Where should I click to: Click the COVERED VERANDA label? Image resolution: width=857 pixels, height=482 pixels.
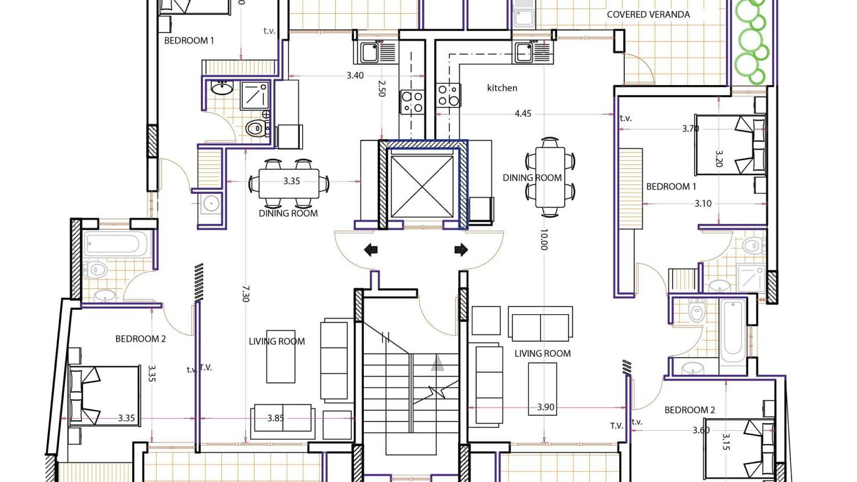(648, 14)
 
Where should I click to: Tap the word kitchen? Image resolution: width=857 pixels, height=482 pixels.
(502, 88)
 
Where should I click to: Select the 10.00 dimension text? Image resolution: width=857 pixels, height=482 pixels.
(544, 240)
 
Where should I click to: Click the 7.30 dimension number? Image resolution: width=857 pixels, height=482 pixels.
(245, 294)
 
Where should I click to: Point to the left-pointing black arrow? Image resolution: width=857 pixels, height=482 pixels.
(371, 249)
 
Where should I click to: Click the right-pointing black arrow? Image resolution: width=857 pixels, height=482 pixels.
(461, 249)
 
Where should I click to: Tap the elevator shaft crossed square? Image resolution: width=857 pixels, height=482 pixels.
(422, 187)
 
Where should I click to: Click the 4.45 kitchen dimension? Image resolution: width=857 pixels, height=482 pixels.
(523, 114)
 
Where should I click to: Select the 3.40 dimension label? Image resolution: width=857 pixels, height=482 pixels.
(355, 75)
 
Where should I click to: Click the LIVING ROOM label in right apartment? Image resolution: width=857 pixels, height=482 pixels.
(542, 353)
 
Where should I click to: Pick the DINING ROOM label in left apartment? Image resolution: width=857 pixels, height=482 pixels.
(288, 213)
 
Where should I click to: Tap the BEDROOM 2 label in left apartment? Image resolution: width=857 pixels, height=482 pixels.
(141, 339)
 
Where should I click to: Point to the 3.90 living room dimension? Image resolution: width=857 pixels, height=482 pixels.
(546, 407)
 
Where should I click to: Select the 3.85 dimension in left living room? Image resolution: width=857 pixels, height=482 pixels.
(276, 418)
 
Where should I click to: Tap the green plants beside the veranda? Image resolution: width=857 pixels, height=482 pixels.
(753, 42)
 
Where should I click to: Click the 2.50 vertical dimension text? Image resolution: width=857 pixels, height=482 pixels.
(381, 88)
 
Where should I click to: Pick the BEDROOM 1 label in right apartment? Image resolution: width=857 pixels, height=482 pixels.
(671, 187)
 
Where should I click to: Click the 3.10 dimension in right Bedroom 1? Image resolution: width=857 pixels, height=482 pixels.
(703, 204)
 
